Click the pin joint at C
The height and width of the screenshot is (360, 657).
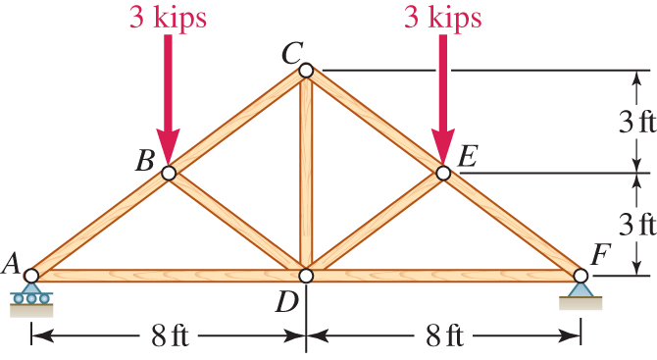(306, 71)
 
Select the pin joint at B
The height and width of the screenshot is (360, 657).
(169, 173)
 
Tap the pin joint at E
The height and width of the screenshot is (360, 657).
(442, 173)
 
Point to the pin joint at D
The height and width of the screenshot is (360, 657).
(306, 276)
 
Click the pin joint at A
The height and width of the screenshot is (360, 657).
(31, 276)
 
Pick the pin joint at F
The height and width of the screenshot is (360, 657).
(580, 276)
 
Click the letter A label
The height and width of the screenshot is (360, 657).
(13, 262)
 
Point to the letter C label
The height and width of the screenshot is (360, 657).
(290, 54)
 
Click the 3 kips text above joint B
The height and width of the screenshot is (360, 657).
(168, 17)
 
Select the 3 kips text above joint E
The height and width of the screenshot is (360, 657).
(442, 17)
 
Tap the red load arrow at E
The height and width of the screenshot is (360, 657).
(442, 98)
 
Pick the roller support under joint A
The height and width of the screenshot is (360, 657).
(31, 297)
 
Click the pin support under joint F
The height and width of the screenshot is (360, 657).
(580, 294)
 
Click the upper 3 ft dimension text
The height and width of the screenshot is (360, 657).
(636, 123)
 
